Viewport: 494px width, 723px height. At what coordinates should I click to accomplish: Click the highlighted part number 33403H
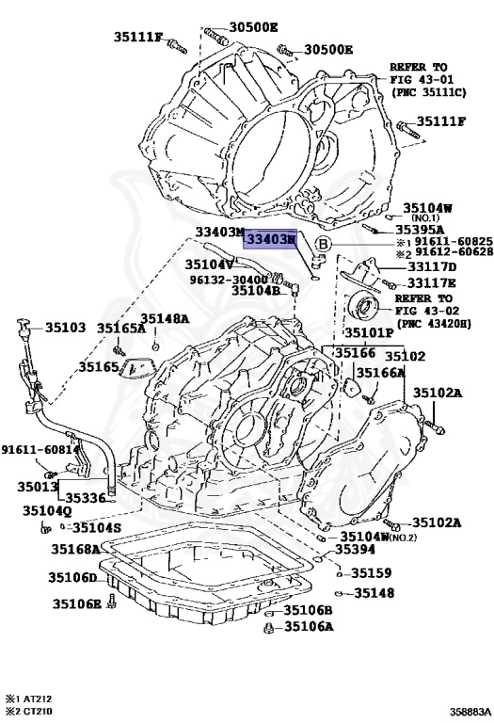271,241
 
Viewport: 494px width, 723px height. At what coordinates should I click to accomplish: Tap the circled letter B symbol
322,245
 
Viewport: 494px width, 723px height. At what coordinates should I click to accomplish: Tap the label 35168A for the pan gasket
75,549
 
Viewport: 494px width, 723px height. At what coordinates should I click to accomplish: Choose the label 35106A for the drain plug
309,626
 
